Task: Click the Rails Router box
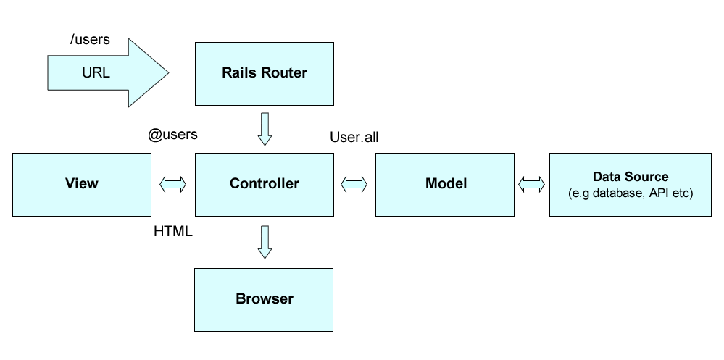coord(264,73)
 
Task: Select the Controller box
coord(264,184)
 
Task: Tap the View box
coord(81,184)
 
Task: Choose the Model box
coord(445,184)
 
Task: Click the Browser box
coord(264,298)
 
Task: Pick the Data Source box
coord(630,184)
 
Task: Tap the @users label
coord(172,135)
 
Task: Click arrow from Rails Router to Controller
coord(265,129)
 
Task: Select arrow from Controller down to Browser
coord(265,242)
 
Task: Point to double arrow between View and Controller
coord(173,185)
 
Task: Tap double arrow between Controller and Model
coord(354,185)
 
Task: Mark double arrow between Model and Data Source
coord(531,185)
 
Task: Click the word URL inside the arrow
coord(96,73)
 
